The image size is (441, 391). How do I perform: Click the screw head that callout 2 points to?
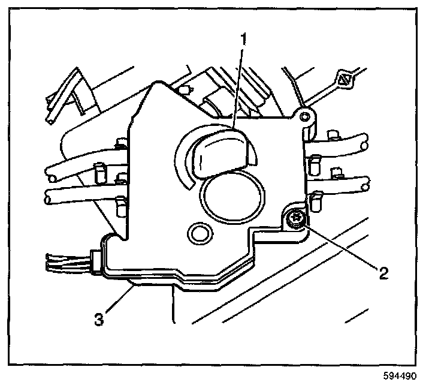coord(295,220)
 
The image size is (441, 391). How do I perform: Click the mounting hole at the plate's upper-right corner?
coord(306,115)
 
